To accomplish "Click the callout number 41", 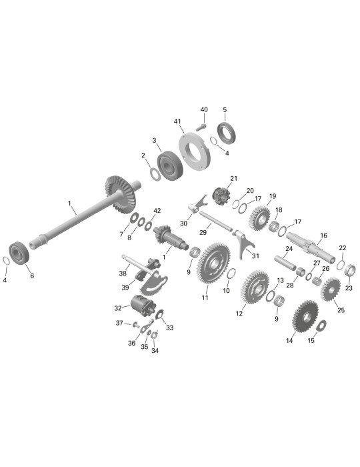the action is click(177, 121).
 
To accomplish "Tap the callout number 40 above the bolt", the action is click(204, 109).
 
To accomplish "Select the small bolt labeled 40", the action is click(201, 127).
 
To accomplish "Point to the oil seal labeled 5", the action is click(227, 133).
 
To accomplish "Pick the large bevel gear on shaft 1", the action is click(121, 194).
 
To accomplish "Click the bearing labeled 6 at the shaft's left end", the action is click(19, 253).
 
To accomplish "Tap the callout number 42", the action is click(157, 211).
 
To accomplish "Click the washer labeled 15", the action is click(322, 326).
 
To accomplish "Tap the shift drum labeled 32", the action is click(143, 306).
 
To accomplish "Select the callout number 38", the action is click(123, 273).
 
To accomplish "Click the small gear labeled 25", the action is click(330, 289).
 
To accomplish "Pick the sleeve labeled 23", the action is click(350, 270).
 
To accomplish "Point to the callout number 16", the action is click(324, 236).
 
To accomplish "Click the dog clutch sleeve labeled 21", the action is click(221, 195).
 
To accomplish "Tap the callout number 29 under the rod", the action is click(203, 232).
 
